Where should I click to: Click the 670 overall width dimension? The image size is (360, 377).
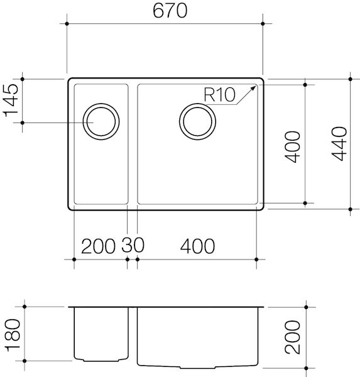[x=165, y=12]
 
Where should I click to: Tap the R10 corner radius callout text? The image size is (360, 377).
[x=219, y=95]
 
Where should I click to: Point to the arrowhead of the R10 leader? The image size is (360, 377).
[x=254, y=87]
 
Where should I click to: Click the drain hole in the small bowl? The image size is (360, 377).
[x=101, y=121]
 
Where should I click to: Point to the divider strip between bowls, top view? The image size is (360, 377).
[x=133, y=145]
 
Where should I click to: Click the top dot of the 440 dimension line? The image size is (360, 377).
[x=350, y=79]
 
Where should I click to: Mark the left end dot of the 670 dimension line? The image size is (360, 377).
[x=67, y=23]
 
